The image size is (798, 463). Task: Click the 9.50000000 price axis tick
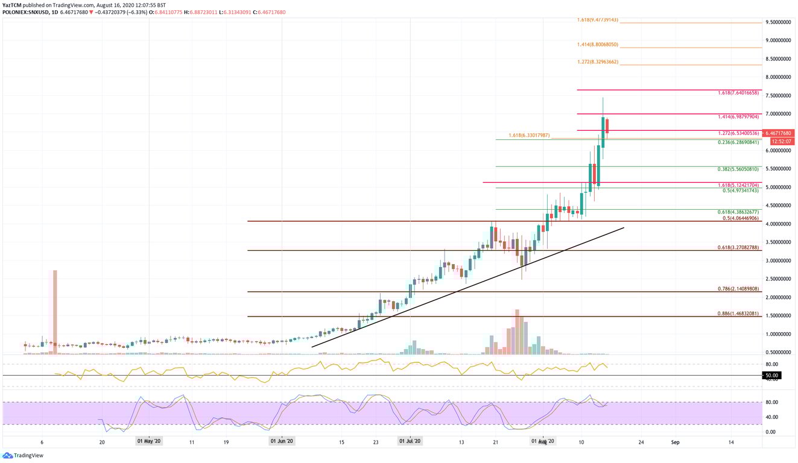point(778,22)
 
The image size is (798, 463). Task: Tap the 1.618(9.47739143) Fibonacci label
point(597,20)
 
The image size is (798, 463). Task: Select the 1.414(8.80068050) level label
point(597,45)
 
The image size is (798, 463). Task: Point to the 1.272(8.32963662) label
point(597,62)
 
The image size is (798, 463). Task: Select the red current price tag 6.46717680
point(779,133)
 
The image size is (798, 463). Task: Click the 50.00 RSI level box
point(772,376)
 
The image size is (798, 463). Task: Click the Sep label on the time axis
point(676,442)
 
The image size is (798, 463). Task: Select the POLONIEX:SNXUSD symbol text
point(22,12)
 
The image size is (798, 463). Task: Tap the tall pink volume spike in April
point(55,307)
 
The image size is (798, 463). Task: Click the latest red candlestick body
point(607,125)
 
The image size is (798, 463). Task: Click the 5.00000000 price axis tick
point(778,187)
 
